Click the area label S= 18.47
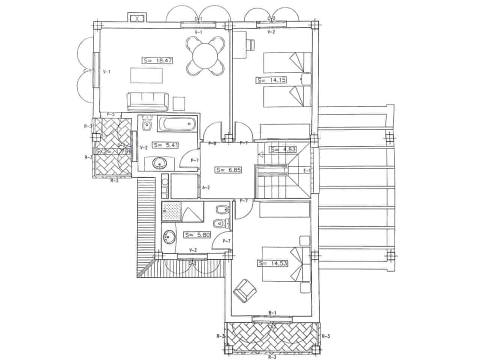click(x=157, y=60)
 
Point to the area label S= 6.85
click(x=228, y=170)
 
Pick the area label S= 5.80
click(x=197, y=235)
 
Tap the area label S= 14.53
click(x=273, y=263)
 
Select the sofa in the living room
click(x=146, y=102)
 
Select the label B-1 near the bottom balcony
click(x=272, y=313)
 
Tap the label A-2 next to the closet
click(x=205, y=187)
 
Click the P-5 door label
click(x=111, y=114)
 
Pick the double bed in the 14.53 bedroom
click(x=285, y=264)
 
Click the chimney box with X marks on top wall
click(x=136, y=18)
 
